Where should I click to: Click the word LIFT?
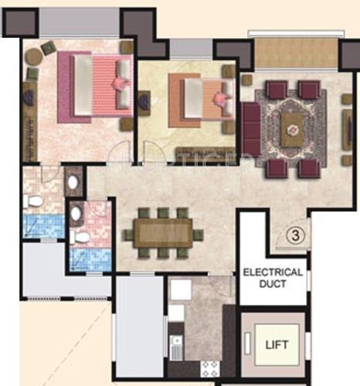pos(277,344)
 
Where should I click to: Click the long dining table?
pos(162,232)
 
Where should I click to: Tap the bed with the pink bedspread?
pos(93,85)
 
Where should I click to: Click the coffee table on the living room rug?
pos(291,127)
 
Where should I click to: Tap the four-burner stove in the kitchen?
pos(208,368)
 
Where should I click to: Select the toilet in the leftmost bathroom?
pos(33,202)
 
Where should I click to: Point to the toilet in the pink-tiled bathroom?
pos(77,235)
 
